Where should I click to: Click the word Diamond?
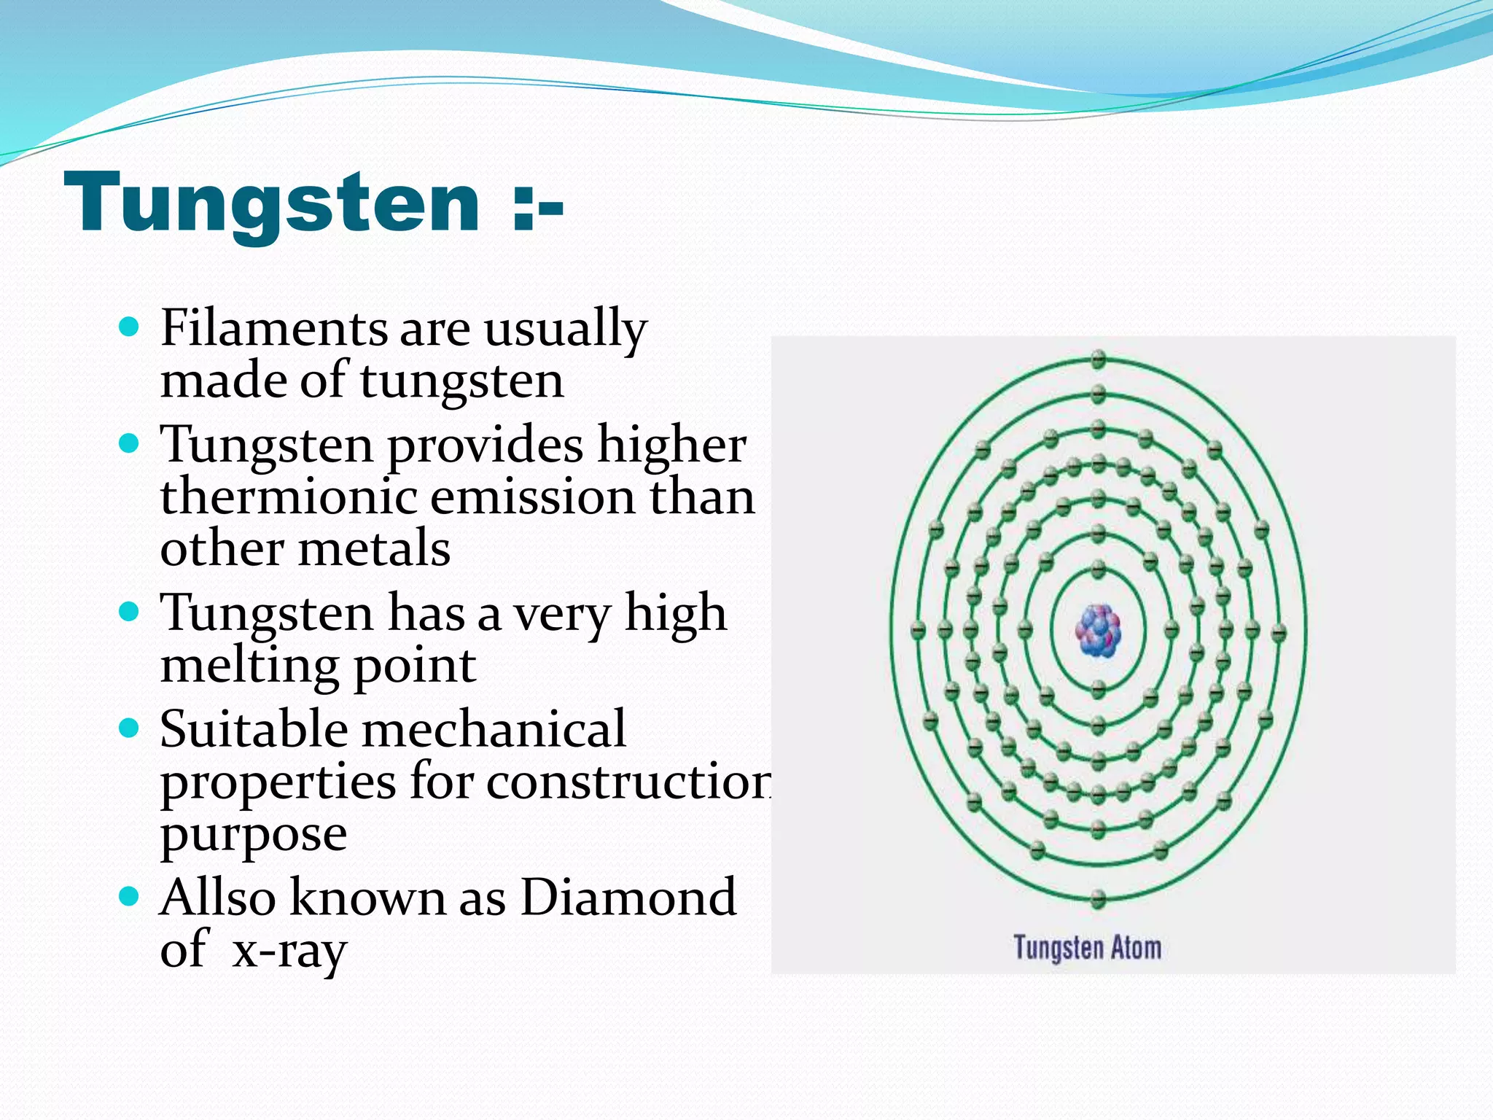(628, 897)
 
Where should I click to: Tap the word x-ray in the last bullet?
(289, 951)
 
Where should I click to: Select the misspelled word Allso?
(218, 897)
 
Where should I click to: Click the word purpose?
(253, 834)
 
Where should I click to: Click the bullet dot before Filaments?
(128, 326)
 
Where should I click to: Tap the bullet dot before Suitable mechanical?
(128, 727)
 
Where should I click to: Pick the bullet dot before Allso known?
(128, 895)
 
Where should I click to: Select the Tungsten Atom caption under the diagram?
(1087, 948)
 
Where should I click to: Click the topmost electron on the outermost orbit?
(1099, 359)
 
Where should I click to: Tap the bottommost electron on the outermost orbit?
(1099, 898)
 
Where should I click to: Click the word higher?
(671, 445)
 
